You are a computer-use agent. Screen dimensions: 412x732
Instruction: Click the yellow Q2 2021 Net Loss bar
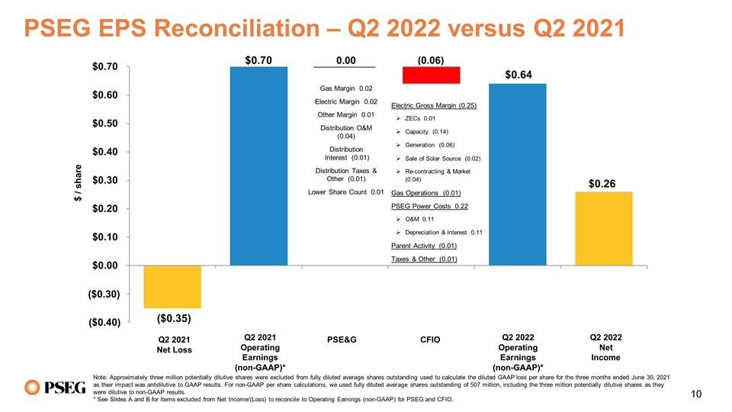(173, 286)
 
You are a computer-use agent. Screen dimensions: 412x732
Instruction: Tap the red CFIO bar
(431, 75)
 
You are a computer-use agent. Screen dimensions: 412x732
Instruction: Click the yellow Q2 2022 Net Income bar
(604, 228)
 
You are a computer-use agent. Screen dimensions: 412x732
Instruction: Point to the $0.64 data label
(518, 75)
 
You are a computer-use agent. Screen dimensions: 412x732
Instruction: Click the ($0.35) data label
(173, 317)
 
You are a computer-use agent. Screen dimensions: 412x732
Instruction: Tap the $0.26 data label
(604, 184)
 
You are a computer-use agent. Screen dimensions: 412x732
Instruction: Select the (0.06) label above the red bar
(432, 59)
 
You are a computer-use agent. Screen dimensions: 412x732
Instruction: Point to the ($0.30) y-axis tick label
(103, 294)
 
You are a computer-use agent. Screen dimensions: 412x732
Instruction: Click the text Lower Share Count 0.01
(345, 192)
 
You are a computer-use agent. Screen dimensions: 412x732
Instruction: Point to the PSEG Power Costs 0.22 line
(429, 206)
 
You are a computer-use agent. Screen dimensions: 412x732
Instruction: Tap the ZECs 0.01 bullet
(419, 118)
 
